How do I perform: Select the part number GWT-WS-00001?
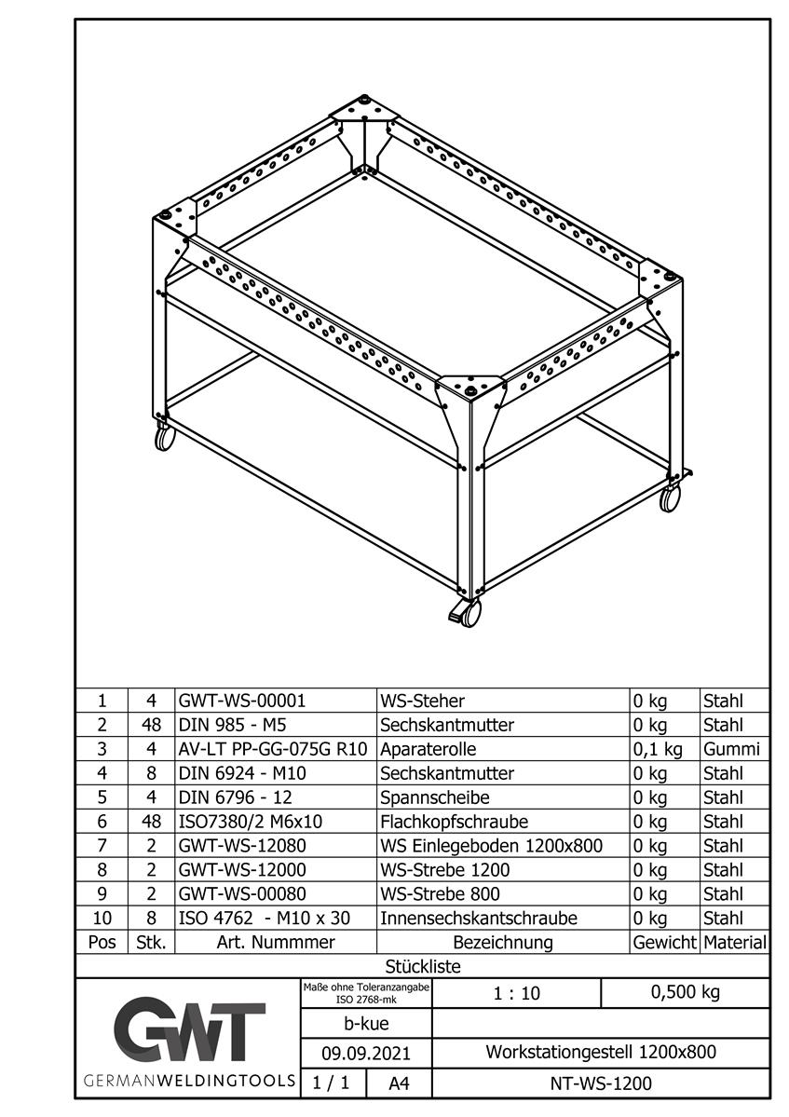coord(242,701)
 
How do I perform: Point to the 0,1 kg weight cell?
coord(658,749)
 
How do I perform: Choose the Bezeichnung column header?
coord(502,942)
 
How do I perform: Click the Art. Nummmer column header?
coord(275,942)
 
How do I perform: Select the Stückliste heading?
coord(423,966)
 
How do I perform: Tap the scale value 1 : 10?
coord(516,993)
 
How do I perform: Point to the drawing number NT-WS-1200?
coord(601,1083)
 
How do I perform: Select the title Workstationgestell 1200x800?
coord(601,1053)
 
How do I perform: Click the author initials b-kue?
coord(366,1024)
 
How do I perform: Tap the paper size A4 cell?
coord(398,1083)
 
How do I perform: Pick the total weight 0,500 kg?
coord(685,992)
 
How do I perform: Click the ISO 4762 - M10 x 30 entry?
coord(265,918)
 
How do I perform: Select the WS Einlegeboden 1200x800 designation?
coord(491,846)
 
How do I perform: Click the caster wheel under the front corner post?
coord(469,612)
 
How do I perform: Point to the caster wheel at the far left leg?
coord(165,437)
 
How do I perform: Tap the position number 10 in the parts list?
coord(102,918)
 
